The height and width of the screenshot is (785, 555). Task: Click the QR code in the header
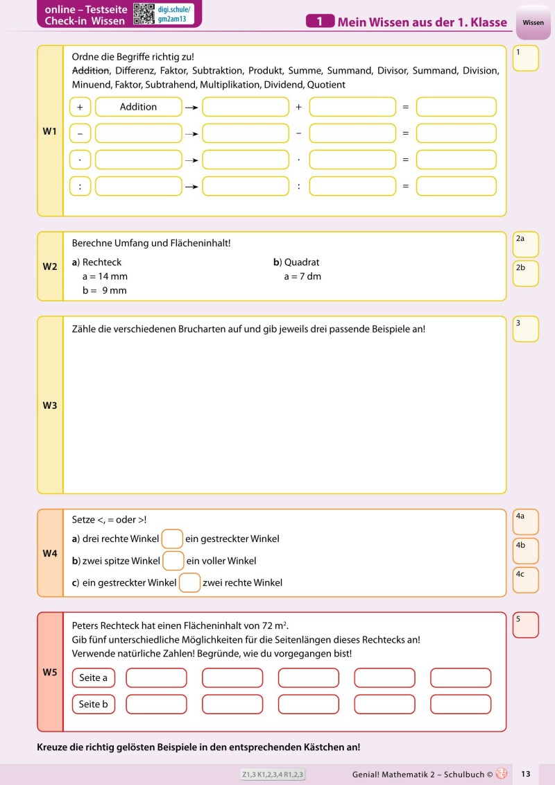[143, 14]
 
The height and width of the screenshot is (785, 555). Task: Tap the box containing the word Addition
[138, 107]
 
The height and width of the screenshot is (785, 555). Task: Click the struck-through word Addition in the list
[91, 71]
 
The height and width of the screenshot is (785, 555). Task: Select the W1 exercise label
[50, 130]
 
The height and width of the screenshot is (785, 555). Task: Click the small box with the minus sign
[80, 133]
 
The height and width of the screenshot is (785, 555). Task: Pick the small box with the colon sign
[80, 186]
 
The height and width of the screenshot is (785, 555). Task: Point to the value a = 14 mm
[105, 276]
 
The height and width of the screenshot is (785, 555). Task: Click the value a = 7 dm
[302, 276]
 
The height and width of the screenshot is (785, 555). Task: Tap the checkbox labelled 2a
[526, 244]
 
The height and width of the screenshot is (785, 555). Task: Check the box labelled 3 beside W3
[526, 329]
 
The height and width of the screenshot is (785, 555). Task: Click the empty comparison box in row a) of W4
[172, 539]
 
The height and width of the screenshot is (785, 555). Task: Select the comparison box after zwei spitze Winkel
[173, 561]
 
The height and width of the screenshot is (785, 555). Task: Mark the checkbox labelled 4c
[526, 580]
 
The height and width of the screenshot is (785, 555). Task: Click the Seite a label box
[94, 678]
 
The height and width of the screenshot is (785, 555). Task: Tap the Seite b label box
[94, 704]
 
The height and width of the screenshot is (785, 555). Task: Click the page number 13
[525, 774]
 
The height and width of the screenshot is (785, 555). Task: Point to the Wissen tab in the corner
[533, 23]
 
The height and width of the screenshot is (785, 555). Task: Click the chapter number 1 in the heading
[320, 22]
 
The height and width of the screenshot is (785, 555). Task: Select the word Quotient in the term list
[326, 85]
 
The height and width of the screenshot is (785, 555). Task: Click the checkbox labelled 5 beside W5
[526, 625]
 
